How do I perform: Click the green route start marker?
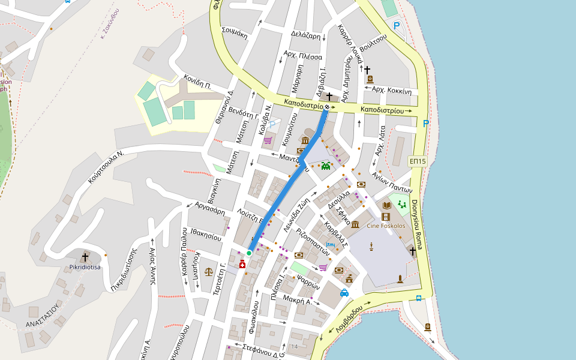pos(249,253)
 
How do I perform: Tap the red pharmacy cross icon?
pos(242,265)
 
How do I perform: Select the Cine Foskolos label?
pos(386,226)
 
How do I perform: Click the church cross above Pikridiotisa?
pos(85,256)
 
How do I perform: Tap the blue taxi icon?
pos(344,293)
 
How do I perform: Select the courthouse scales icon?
pos(209,271)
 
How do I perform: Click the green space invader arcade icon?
pos(326,166)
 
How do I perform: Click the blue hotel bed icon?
pos(329,244)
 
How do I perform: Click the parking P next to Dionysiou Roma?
pos(426,124)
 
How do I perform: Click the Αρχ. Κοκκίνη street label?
pos(392,91)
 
